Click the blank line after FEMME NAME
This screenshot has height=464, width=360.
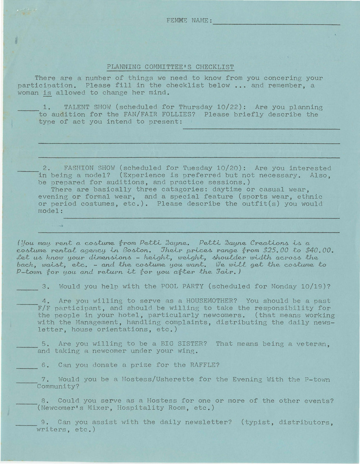276,23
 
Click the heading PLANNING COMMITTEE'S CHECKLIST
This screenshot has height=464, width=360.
170,67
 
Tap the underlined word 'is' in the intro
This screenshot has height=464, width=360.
46,92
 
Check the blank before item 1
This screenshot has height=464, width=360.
27,109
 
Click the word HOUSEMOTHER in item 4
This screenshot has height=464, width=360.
212,301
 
